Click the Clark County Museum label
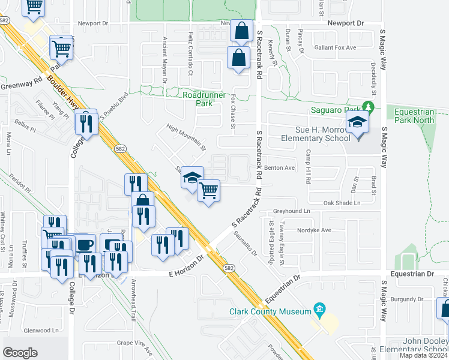point(269,311)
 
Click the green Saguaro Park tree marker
point(370,109)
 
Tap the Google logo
point(20,352)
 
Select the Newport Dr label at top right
point(346,23)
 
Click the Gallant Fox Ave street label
point(339,47)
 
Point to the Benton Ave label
point(280,168)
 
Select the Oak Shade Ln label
point(342,203)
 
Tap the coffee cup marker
point(85,244)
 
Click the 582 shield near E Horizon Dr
point(228,268)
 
